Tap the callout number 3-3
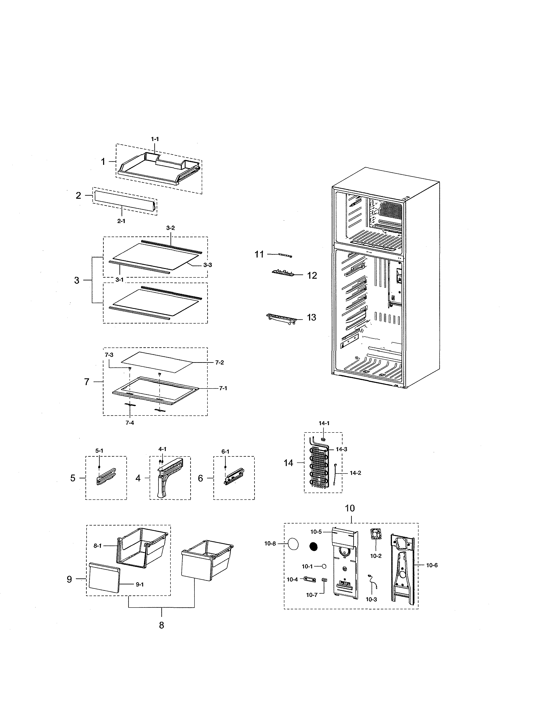click(x=207, y=265)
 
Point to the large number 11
click(x=259, y=254)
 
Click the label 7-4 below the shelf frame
click(x=130, y=423)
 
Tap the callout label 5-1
click(x=99, y=451)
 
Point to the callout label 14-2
click(x=355, y=473)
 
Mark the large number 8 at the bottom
click(x=162, y=625)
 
